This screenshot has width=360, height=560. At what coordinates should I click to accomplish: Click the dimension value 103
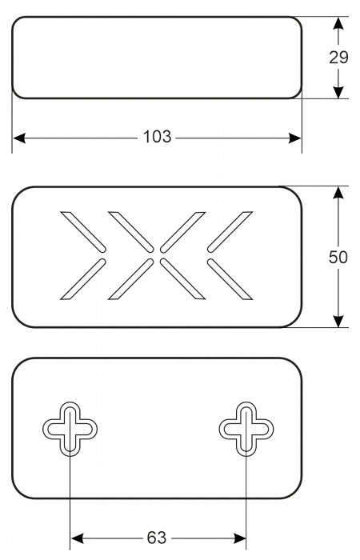click(x=157, y=137)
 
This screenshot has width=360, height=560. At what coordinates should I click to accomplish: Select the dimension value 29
click(x=338, y=58)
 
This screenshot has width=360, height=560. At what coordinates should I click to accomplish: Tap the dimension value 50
click(x=338, y=257)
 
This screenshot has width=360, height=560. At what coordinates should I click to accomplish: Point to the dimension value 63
click(x=157, y=538)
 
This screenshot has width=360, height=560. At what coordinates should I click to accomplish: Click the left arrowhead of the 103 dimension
click(x=19, y=138)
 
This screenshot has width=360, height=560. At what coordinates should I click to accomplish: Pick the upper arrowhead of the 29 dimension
click(x=338, y=23)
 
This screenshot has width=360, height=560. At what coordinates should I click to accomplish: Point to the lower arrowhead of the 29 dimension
click(x=338, y=92)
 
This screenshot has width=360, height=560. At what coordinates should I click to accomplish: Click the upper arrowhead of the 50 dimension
click(x=338, y=193)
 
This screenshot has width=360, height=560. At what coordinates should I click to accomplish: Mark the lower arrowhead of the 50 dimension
click(x=338, y=321)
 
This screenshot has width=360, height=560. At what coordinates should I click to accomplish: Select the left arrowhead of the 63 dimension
click(x=77, y=538)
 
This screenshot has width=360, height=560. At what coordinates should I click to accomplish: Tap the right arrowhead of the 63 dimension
click(x=239, y=538)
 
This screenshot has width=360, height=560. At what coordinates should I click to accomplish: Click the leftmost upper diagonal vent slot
click(x=83, y=232)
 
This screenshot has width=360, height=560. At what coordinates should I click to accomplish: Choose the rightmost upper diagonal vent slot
click(x=230, y=232)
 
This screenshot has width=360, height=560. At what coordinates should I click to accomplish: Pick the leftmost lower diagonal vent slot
click(x=83, y=279)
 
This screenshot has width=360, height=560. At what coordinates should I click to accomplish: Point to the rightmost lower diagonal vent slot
click(x=230, y=279)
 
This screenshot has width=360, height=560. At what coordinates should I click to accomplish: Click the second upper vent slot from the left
click(x=131, y=232)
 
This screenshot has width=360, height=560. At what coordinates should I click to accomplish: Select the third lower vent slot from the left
click(x=182, y=279)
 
